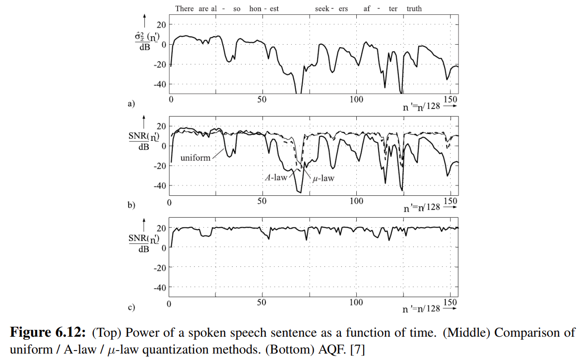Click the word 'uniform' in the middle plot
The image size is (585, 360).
(195, 158)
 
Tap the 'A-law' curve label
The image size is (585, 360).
(274, 177)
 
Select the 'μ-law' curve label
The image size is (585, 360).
(324, 178)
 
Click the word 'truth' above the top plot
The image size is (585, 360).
(414, 8)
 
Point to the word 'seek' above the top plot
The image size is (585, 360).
(323, 8)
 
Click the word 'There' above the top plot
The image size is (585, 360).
(185, 8)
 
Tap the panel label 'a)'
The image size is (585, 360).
(131, 104)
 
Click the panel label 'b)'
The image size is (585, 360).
(131, 204)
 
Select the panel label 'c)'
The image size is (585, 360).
(131, 307)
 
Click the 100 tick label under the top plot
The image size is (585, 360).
(356, 100)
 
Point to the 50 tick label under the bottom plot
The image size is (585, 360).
(262, 302)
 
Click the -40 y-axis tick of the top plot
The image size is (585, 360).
(160, 84)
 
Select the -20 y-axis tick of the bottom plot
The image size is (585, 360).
(160, 268)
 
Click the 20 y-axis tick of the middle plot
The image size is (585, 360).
(162, 126)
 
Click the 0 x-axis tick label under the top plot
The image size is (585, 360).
(171, 100)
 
